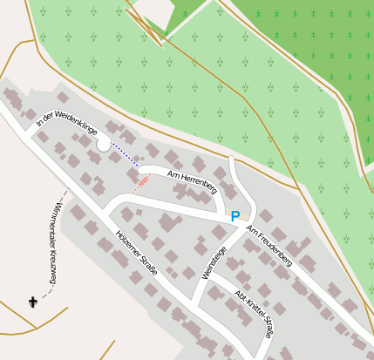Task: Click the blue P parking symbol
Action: pos(235,215)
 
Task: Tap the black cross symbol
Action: pos(34,302)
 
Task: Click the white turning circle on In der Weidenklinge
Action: pos(104,145)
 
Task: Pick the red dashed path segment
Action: pos(140,183)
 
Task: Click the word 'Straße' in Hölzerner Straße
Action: pos(147,264)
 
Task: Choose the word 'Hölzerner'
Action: pos(128,245)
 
